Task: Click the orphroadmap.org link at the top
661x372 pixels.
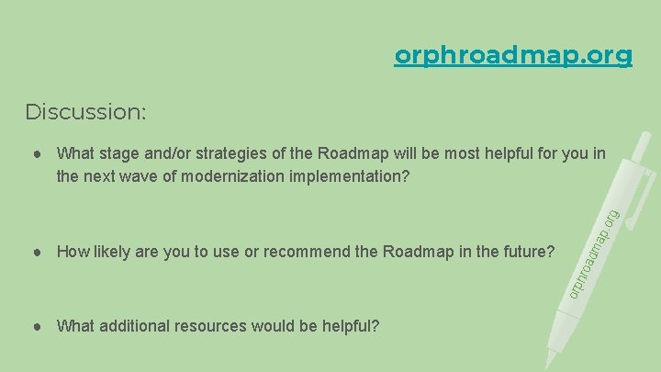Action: coord(513,56)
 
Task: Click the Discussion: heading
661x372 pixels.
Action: coord(85,112)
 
